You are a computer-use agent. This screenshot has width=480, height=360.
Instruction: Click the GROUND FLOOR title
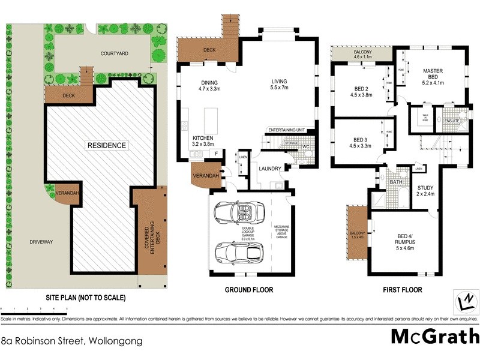tap(248, 290)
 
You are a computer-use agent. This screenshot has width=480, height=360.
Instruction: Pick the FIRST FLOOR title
tap(402, 290)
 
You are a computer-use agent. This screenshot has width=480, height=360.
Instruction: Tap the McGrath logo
tap(435, 336)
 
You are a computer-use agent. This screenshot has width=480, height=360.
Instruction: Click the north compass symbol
tap(465, 299)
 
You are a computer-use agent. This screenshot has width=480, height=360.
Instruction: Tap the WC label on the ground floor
tap(306, 146)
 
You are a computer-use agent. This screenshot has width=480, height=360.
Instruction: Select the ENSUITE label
tap(453, 121)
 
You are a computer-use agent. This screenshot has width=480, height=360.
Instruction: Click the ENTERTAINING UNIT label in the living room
tap(287, 130)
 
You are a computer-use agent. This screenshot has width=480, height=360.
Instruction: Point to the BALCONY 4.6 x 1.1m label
tap(362, 55)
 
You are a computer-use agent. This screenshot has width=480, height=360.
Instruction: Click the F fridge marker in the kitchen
tap(216, 154)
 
